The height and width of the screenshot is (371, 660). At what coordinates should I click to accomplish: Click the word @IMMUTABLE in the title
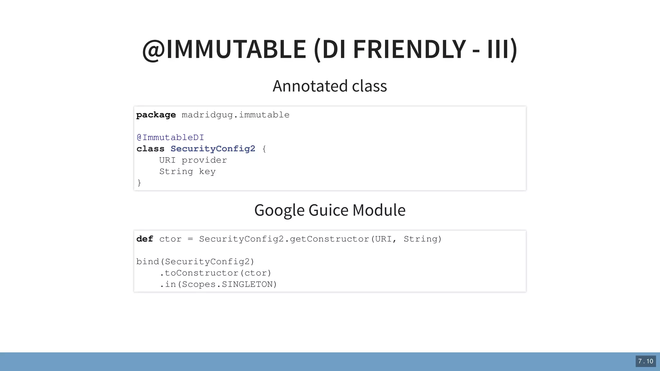(x=224, y=49)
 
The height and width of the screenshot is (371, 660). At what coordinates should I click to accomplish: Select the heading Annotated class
(x=330, y=86)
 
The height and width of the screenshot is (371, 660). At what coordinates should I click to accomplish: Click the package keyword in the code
(x=156, y=115)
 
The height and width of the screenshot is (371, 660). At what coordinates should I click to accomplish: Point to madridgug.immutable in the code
(x=236, y=115)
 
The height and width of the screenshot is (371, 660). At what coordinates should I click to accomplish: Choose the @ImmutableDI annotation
(x=170, y=138)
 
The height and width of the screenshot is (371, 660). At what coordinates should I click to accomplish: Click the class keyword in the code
(x=150, y=149)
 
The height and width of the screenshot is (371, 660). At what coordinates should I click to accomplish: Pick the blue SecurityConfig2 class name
(x=213, y=149)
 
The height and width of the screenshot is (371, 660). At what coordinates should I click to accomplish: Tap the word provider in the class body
(x=204, y=160)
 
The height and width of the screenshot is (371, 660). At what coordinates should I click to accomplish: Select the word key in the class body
(x=207, y=171)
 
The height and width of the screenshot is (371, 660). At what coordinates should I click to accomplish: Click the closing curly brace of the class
(x=139, y=183)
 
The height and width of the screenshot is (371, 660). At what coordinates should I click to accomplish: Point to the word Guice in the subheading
(x=328, y=210)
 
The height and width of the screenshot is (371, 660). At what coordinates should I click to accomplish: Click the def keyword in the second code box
(x=145, y=239)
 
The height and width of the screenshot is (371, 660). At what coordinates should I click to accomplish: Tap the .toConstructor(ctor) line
(x=215, y=273)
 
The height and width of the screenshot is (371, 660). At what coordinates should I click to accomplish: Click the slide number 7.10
(x=645, y=361)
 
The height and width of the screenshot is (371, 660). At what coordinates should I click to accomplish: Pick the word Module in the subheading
(x=379, y=210)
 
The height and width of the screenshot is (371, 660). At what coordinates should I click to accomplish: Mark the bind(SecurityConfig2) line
(x=195, y=262)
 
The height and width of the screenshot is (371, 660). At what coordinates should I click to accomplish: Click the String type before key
(x=176, y=171)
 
